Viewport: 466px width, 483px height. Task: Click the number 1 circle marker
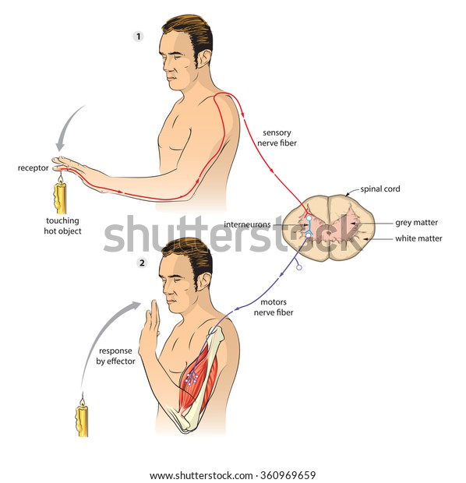click(x=139, y=37)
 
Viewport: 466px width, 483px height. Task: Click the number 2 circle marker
click(x=142, y=263)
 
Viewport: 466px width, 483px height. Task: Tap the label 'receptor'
click(x=33, y=167)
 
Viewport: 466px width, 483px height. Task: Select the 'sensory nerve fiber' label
click(x=277, y=138)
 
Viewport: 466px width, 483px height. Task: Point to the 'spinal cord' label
click(x=380, y=189)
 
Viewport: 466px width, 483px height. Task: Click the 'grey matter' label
click(x=416, y=222)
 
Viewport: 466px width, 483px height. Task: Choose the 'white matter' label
click(x=418, y=238)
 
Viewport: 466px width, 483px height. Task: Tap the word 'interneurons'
click(x=247, y=224)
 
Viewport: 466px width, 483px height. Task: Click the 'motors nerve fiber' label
click(x=274, y=307)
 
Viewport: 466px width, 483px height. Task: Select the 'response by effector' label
click(x=115, y=356)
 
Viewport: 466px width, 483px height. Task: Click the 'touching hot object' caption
click(x=62, y=226)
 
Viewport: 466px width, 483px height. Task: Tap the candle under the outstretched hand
click(x=61, y=196)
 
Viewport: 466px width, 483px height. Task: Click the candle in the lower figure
click(x=82, y=418)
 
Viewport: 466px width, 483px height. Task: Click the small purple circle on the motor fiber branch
click(x=299, y=267)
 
